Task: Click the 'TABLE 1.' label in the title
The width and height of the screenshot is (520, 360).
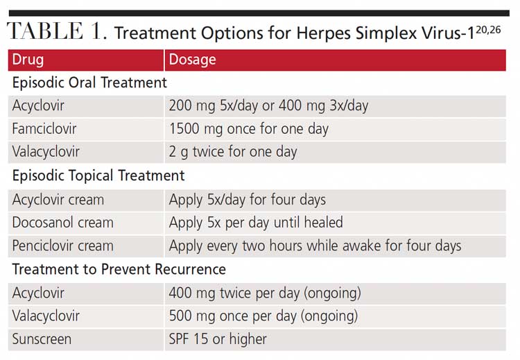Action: (55, 33)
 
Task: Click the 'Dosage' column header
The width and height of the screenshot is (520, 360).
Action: (192, 60)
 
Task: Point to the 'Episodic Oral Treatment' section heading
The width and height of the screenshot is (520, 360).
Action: (89, 83)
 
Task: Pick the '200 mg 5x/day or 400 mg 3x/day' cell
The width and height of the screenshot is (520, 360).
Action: (268, 105)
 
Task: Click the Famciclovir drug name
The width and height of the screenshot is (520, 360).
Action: (44, 128)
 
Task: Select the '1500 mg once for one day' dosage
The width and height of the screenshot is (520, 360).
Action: (248, 128)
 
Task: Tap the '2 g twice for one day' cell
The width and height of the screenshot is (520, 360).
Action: (233, 151)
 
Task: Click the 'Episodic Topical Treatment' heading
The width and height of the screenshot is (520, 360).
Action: (98, 175)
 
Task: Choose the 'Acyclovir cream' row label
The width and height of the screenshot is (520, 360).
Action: (58, 200)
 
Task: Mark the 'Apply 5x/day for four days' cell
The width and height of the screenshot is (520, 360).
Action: (247, 200)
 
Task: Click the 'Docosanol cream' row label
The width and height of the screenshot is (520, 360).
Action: (62, 223)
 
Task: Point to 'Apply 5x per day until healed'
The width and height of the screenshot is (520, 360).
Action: (256, 223)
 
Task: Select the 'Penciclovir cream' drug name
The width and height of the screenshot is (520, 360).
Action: (62, 246)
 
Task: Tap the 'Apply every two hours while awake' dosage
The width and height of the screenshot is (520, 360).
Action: (315, 246)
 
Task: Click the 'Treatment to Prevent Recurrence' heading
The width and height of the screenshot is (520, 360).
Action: (119, 269)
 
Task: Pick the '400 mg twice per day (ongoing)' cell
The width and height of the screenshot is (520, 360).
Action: (265, 293)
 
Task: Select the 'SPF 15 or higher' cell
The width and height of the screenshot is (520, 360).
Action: (218, 339)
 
